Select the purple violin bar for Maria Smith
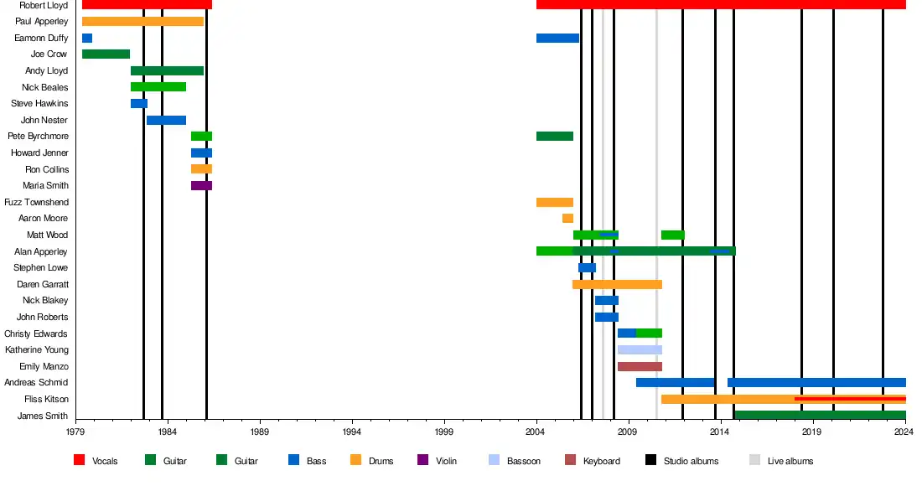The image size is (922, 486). (201, 185)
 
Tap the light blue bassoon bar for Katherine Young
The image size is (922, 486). (640, 349)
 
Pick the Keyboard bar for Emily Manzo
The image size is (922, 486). (640, 366)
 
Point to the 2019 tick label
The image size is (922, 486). (811, 432)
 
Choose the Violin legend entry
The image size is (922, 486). (446, 461)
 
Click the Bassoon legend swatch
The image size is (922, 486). (494, 460)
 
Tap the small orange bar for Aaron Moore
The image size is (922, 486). (567, 218)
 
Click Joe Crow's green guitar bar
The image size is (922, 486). (106, 54)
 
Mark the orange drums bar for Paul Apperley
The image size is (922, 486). (142, 21)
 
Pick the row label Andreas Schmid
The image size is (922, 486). (37, 382)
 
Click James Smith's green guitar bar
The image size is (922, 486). (819, 415)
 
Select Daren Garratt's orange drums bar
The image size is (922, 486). (617, 284)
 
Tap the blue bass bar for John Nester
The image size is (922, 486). (166, 120)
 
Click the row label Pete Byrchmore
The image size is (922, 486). (39, 136)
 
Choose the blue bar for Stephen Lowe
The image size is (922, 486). (587, 267)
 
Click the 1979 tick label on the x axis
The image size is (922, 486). (75, 432)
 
